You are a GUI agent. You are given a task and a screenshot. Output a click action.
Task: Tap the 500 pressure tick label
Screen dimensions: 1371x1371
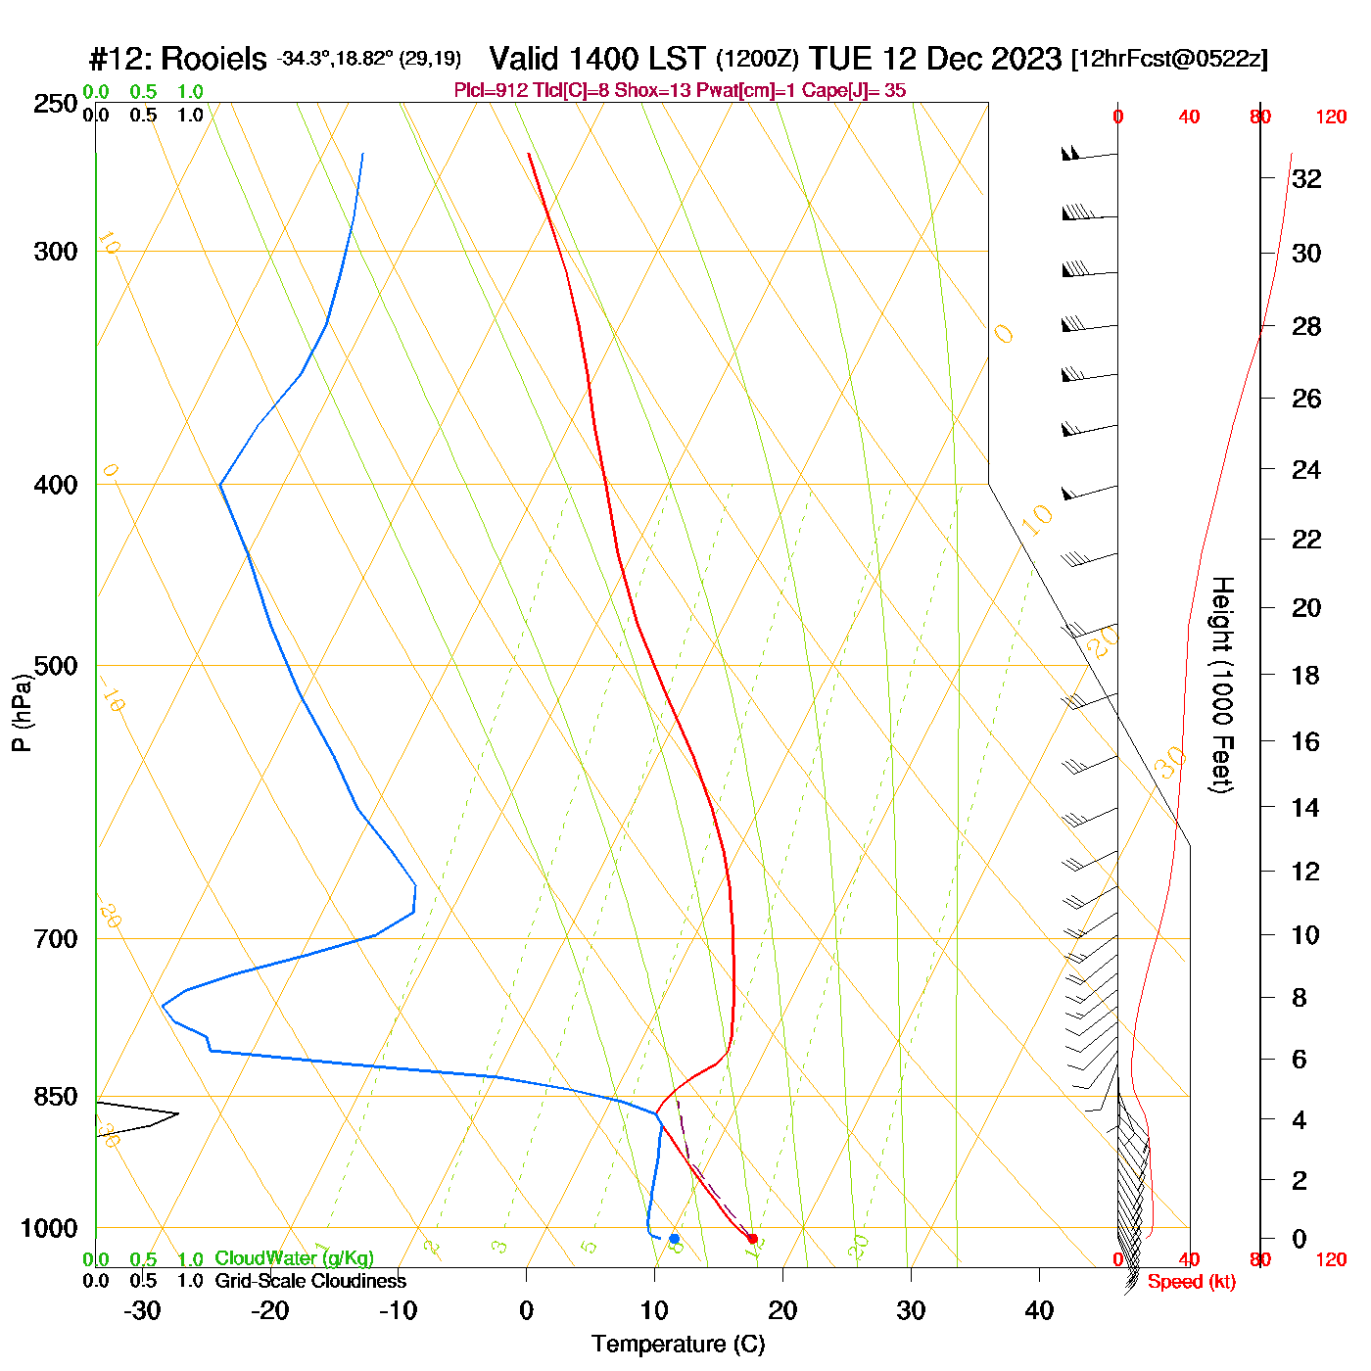56,666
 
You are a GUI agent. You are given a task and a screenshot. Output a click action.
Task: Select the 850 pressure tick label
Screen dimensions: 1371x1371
56,1097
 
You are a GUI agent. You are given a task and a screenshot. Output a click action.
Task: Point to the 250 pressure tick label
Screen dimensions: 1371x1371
56,104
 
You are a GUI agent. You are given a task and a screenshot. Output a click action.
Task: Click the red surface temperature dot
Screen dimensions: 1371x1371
752,1239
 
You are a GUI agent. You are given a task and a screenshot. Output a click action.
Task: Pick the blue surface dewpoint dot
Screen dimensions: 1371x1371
674,1239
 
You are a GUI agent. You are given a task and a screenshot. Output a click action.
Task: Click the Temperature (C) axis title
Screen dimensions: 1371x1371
678,1344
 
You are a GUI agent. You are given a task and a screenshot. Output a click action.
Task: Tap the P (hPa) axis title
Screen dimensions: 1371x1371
22,712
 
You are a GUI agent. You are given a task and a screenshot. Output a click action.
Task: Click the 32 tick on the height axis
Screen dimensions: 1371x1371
1306,179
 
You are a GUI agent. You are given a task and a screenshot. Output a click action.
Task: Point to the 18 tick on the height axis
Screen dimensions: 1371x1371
1306,675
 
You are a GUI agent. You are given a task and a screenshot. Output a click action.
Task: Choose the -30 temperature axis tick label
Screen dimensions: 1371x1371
142,1310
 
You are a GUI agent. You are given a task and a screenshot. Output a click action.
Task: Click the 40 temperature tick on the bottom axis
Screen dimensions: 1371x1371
1039,1310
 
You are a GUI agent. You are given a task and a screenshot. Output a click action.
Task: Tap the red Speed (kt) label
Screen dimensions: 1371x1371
1191,1282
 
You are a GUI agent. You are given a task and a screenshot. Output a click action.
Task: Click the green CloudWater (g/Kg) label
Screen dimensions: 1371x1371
294,1258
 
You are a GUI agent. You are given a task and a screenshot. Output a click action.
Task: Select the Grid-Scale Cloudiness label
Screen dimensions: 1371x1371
310,1281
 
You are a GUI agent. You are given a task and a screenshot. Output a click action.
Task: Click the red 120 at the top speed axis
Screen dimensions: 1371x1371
1331,118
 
